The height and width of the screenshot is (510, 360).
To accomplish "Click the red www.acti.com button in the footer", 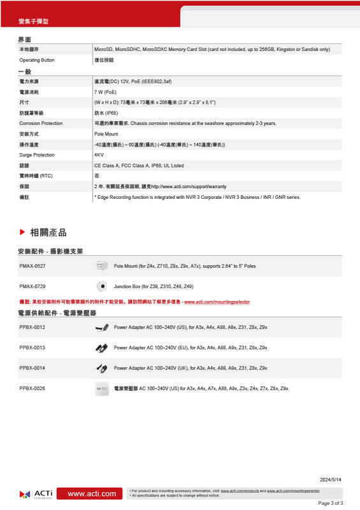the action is (92, 493).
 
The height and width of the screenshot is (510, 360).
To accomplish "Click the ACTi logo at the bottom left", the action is (36, 493).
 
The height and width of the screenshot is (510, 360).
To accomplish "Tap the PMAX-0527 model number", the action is (32, 265).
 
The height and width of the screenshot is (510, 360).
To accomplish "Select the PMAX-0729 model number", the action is (32, 287).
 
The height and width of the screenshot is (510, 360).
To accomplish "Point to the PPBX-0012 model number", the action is (32, 327).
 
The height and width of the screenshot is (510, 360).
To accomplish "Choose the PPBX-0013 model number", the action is (32, 347).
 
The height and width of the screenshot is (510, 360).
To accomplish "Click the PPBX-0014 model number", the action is (32, 368).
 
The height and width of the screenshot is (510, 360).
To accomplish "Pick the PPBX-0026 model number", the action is (32, 388).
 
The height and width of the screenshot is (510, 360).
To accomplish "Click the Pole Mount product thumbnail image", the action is (101, 265).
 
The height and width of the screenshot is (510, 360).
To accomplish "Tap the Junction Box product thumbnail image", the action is (101, 286).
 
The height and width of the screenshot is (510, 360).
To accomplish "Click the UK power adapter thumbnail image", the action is (101, 368).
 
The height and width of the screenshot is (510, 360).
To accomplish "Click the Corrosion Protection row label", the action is (41, 123).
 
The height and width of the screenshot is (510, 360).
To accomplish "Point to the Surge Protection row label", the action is (37, 155).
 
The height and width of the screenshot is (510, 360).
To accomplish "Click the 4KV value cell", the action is (99, 155).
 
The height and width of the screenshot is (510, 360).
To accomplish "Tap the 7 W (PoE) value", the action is (105, 92).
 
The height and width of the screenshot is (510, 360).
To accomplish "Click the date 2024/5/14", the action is (331, 479).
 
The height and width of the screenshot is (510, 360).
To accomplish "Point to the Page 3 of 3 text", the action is (330, 503).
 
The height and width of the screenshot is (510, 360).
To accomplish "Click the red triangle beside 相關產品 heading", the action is (22, 232).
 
